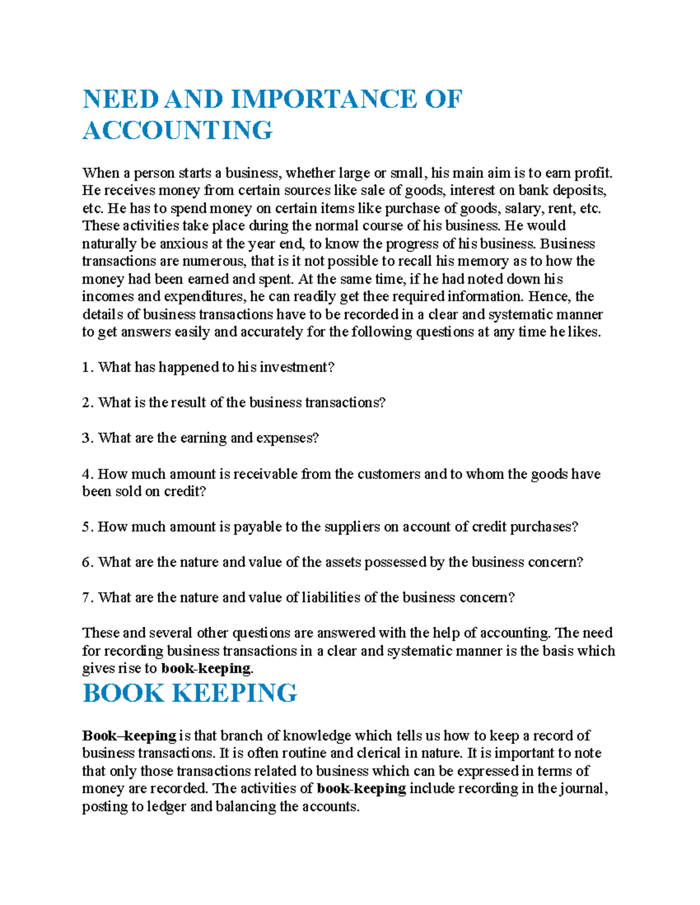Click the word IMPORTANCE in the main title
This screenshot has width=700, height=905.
pos(324,99)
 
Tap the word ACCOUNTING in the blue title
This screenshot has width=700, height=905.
pos(177,130)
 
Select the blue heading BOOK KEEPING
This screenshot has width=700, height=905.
pos(190,693)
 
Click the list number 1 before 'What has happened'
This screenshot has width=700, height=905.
pos(86,367)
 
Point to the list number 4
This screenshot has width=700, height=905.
pos(86,474)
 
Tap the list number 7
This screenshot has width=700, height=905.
pos(86,597)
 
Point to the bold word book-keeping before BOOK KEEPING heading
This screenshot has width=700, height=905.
pos(206,668)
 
